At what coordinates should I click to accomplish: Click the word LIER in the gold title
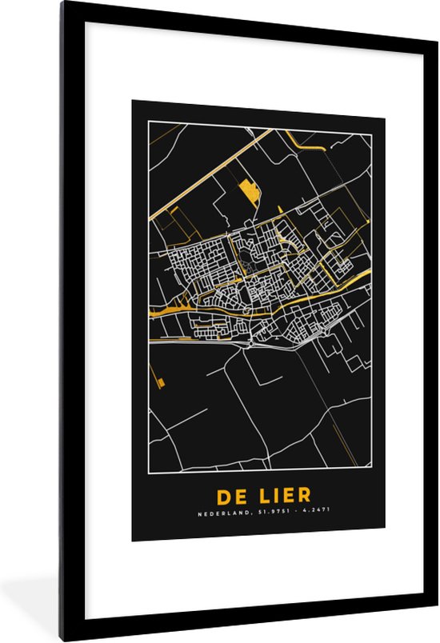(277, 496)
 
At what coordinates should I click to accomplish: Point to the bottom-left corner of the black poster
(133, 540)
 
